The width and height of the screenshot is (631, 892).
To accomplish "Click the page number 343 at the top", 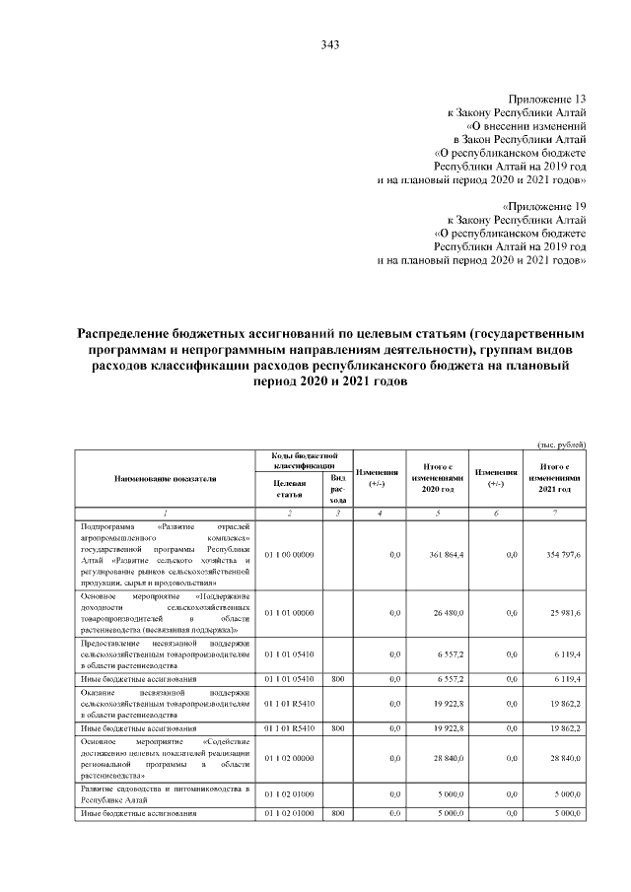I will click(330, 44).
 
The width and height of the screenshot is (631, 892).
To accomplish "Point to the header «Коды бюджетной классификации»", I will click(304, 459).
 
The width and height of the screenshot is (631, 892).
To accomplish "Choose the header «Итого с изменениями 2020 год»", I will click(437, 478).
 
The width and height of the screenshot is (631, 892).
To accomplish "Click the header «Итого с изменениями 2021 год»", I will click(559, 478).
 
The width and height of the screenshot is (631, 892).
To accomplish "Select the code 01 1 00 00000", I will click(289, 556).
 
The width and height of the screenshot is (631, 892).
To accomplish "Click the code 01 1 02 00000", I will click(289, 758).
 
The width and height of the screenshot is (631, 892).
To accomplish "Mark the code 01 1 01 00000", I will click(289, 614).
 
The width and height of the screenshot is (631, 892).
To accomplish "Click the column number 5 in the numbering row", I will click(437, 514).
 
